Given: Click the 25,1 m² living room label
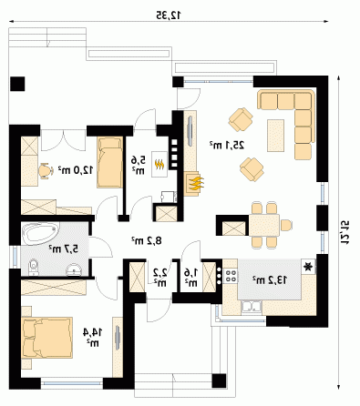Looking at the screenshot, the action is (227, 145).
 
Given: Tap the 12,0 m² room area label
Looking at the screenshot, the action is (76, 170).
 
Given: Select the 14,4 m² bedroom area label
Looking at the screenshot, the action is (92, 337).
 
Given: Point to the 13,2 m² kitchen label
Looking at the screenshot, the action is (269, 280).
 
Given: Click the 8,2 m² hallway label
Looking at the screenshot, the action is (147, 240).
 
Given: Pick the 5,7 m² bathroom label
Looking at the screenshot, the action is (64, 249).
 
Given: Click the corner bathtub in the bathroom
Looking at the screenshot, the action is (40, 233).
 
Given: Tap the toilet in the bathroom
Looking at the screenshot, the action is (33, 268).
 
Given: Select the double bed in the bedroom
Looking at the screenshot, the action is (47, 338).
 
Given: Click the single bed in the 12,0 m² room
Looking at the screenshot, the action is (109, 162).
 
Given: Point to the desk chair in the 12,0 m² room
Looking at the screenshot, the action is (46, 171).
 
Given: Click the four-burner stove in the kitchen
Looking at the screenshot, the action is (231, 275).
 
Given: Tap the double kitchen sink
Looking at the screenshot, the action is (252, 307).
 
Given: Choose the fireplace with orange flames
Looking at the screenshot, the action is (193, 184).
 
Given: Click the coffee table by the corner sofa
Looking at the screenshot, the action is (275, 136).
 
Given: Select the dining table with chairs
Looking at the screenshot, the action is (264, 225).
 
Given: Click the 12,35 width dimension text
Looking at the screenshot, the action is (169, 15).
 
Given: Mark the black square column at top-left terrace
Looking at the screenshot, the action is (17, 84).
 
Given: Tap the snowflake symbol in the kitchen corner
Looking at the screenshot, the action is (308, 267).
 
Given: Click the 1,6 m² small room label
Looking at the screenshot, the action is (191, 278).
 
